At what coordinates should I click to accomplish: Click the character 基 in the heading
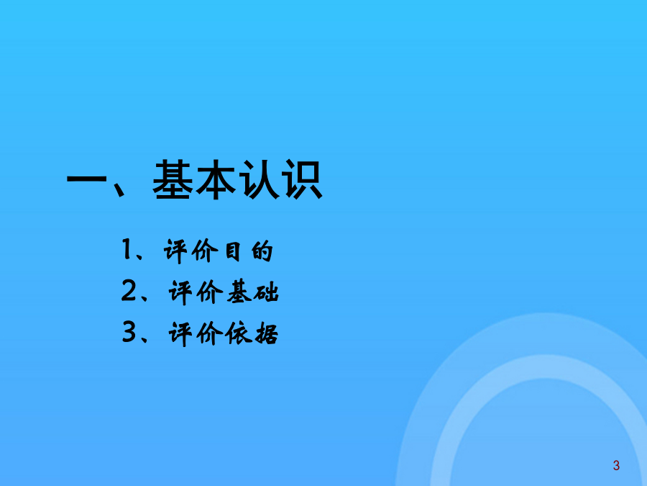(173, 180)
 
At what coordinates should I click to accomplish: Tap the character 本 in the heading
(216, 180)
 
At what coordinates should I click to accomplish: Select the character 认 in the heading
(259, 180)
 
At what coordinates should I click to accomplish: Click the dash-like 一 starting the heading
(87, 179)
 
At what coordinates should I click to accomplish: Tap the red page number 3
(616, 465)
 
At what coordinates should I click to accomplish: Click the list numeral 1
(127, 250)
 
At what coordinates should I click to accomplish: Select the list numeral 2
(129, 290)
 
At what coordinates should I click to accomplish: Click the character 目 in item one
(233, 251)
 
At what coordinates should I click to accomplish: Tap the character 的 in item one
(262, 251)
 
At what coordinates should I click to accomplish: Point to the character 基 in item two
(239, 292)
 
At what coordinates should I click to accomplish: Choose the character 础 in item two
(266, 292)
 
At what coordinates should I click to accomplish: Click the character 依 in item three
(238, 333)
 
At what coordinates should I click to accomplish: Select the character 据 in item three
(266, 333)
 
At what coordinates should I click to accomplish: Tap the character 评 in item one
(176, 251)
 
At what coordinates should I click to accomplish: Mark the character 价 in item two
(210, 292)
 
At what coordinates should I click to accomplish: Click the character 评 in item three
(180, 333)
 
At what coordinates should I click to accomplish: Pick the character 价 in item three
(210, 333)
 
